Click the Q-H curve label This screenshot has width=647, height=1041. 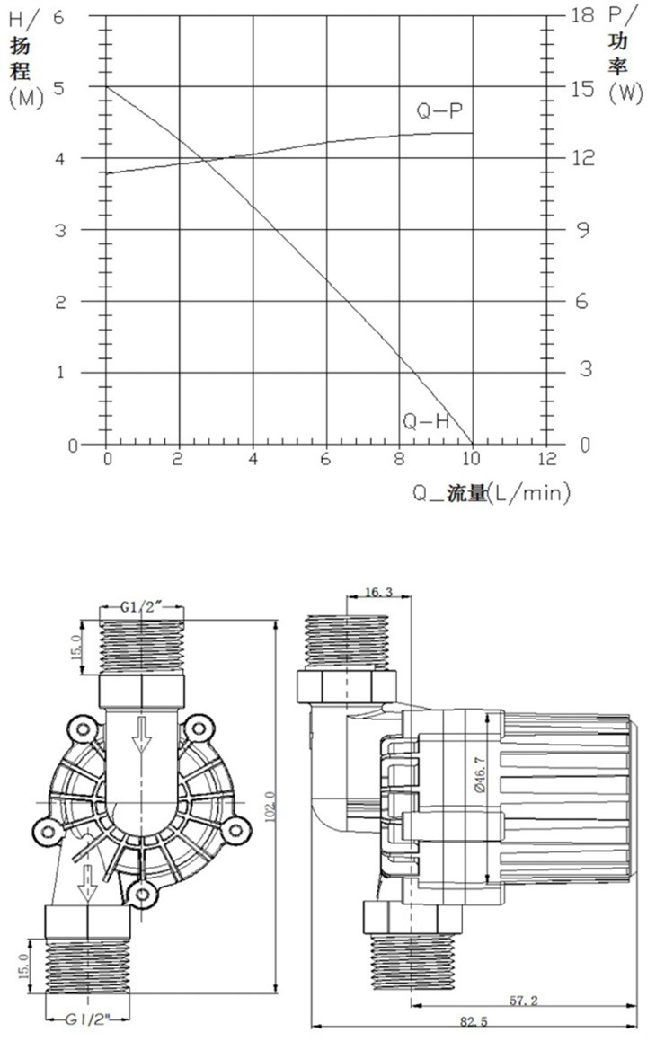click(426, 419)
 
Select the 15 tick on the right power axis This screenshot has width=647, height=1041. click(582, 87)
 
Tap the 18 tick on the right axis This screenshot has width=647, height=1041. click(582, 15)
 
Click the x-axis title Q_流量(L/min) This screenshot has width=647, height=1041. click(492, 492)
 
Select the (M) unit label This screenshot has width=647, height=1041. click(24, 98)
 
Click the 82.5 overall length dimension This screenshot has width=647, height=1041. click(467, 1021)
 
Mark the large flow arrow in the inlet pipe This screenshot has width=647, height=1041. click(141, 735)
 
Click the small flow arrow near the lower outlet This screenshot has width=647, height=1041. click(87, 882)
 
